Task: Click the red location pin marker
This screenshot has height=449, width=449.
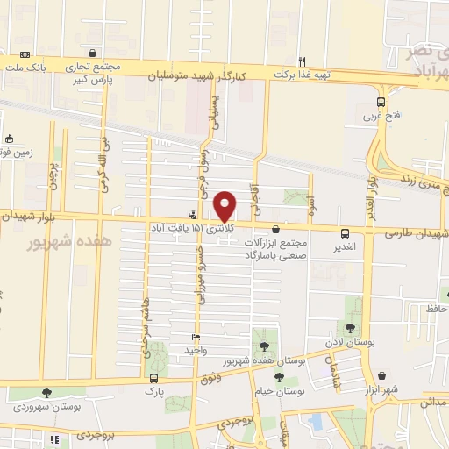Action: (x=225, y=206)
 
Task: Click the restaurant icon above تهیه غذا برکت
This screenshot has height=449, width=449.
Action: (x=303, y=61)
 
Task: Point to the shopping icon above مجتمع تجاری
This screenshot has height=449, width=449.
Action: (x=93, y=53)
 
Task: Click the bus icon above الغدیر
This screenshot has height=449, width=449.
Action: (x=345, y=233)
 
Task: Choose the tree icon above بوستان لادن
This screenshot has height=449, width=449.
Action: (x=351, y=328)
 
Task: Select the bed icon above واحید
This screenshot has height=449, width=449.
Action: (x=196, y=338)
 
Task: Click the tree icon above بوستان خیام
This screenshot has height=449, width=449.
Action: (x=279, y=378)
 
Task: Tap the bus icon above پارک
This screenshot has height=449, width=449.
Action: (x=154, y=380)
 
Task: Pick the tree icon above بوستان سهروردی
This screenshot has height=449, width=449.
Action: (x=46, y=393)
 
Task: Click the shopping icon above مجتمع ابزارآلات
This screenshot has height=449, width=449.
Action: (x=275, y=230)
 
